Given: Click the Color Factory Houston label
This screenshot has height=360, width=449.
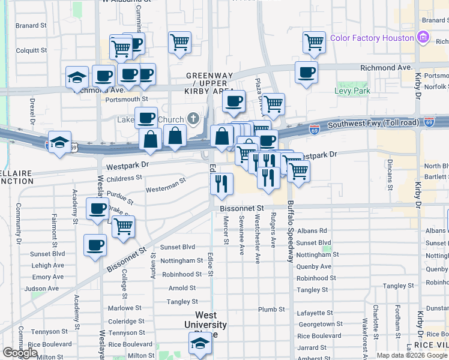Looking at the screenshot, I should (372, 38).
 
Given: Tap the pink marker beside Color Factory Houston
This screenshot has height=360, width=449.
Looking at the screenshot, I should (423, 38).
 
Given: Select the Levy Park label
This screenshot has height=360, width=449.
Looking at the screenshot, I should (352, 91).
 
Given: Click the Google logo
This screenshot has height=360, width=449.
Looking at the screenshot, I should (20, 353).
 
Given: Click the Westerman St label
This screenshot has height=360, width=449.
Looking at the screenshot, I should (165, 187).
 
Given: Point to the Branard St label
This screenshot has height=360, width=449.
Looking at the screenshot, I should (31, 26).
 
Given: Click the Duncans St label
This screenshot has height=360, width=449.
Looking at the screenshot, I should (390, 174).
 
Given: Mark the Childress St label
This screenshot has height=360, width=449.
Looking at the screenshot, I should (124, 178).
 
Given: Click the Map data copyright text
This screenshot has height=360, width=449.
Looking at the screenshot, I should (411, 355).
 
